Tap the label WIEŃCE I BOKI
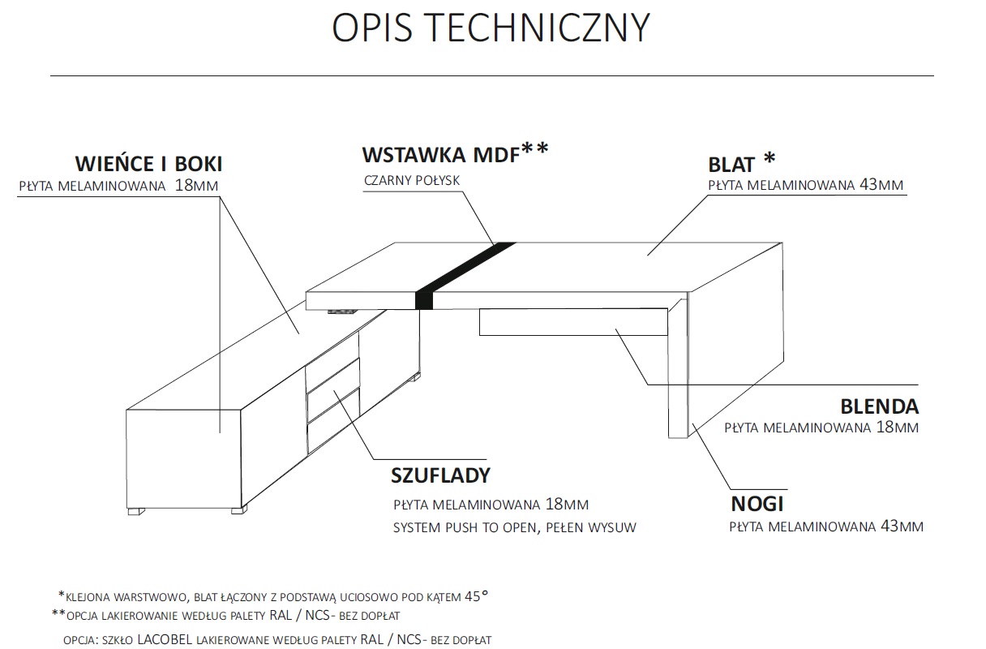point(148,164)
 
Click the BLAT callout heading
point(732,164)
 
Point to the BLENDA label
point(879,406)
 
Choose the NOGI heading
point(757,504)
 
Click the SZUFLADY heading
point(441,475)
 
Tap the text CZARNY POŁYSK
point(412,180)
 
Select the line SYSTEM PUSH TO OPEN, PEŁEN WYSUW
point(514,527)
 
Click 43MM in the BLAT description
point(881,185)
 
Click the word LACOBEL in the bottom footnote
point(165,639)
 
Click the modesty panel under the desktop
point(572,322)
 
